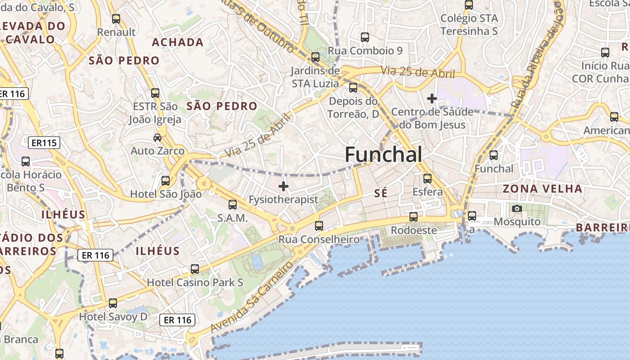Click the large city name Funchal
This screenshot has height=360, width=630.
pos(383,155)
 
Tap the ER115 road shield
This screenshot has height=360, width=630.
pos(44,143)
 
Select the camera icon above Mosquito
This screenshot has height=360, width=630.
pos(517,208)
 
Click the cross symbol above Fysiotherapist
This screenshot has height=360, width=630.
pos(283,186)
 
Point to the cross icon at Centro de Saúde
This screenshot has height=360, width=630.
pos(432,98)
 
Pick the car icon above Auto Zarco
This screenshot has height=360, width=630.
pos(157,137)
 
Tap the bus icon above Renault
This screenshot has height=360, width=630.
pos(116,19)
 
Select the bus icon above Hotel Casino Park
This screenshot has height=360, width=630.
pos(195,269)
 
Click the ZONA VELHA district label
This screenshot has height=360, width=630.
pos(542,189)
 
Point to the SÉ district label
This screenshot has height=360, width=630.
pos(381,193)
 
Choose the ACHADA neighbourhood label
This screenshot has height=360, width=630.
pos(178,42)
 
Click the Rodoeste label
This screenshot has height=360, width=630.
pos(414,230)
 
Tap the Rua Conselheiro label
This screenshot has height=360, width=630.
pos(319,239)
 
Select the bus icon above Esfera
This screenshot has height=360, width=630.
pos(427,179)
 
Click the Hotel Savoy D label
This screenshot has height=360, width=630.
pos(113,317)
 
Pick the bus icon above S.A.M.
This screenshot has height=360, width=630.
pos(233,205)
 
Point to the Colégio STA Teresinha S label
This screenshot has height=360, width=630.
pos(469,25)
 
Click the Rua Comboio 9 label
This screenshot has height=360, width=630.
pos(365,51)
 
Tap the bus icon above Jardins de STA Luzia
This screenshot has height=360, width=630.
pos(315,57)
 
